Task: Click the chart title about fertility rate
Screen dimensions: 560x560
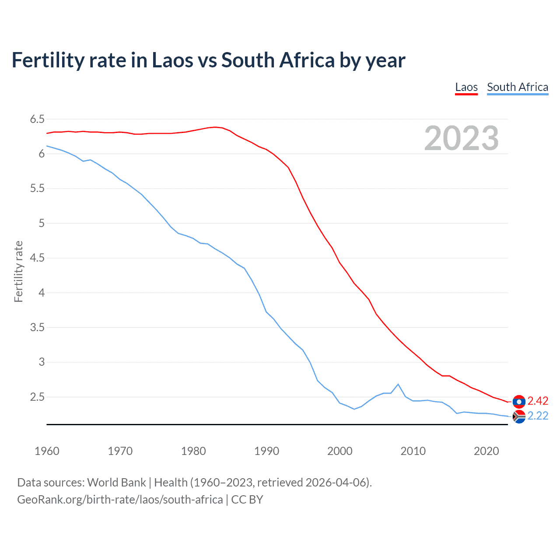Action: point(208,60)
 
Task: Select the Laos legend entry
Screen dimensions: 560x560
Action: point(466,87)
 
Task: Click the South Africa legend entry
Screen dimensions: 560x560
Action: point(518,87)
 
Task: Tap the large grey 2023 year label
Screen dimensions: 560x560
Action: point(462,138)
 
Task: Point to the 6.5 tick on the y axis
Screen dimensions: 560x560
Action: point(37,119)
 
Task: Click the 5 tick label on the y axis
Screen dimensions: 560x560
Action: point(42,223)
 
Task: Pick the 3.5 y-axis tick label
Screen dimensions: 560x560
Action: point(37,327)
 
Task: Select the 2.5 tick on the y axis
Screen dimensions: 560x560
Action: point(37,397)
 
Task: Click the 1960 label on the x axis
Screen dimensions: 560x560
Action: point(47,451)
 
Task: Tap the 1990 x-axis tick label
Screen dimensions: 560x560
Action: point(266,451)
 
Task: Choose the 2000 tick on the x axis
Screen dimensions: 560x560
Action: point(340,451)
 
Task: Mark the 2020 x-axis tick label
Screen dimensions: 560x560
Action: point(486,451)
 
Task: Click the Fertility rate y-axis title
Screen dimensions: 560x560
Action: point(18,271)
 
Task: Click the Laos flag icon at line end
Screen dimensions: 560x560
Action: point(519,401)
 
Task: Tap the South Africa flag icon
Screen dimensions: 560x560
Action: point(519,416)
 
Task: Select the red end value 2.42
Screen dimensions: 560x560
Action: point(538,401)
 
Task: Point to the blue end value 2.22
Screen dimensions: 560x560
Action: point(538,416)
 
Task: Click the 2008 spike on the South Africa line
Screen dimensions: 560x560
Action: point(398,384)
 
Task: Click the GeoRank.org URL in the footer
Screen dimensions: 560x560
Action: point(120,500)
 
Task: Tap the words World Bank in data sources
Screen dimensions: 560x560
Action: point(116,483)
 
